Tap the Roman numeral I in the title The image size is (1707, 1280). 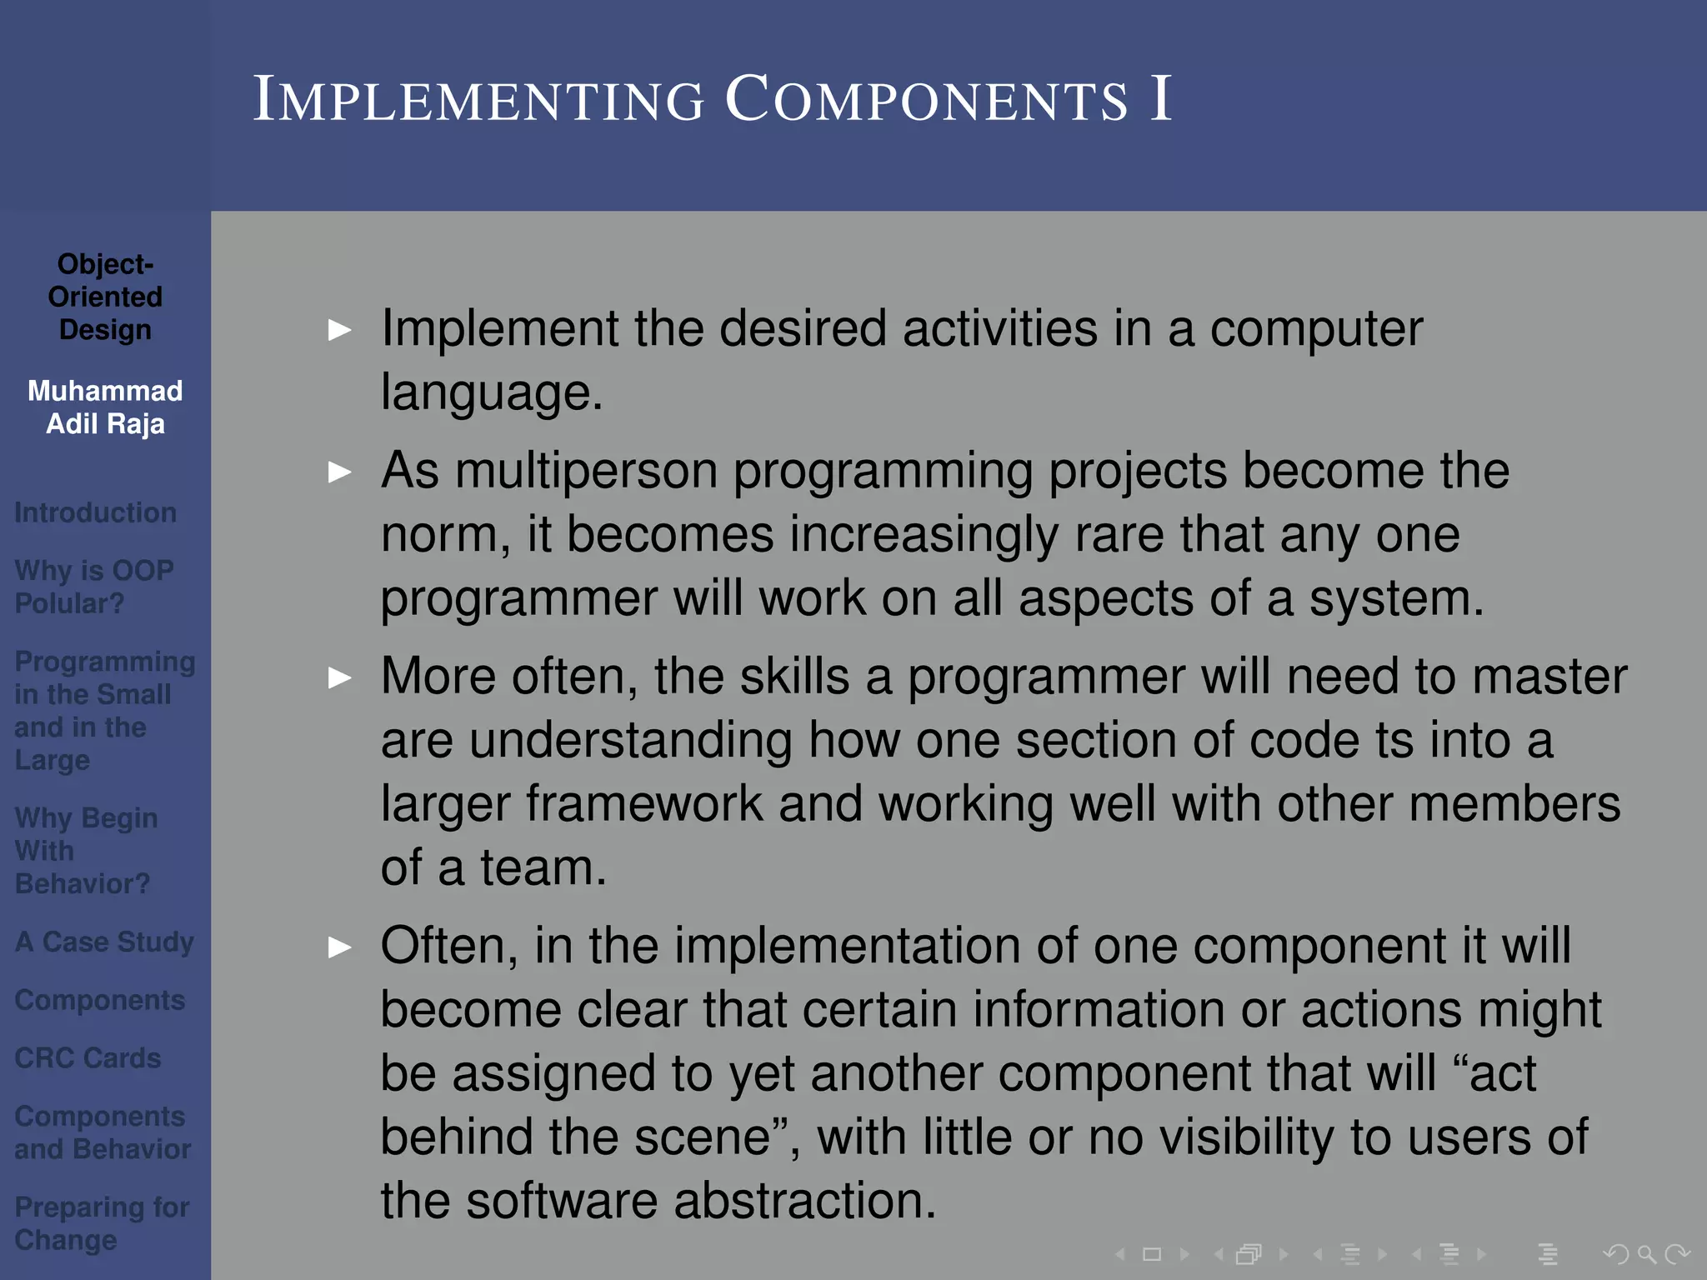tap(1160, 100)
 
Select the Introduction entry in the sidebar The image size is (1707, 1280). tap(95, 512)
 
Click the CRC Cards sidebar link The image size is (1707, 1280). tap(88, 1057)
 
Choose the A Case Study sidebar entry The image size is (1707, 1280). tap(104, 942)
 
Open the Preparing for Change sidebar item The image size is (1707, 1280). tap(102, 1222)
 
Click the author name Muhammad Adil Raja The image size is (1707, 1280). tap(105, 407)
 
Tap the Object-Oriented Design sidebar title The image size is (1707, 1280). tap(105, 297)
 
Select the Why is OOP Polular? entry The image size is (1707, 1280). tap(93, 587)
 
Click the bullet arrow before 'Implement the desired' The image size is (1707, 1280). tap(339, 330)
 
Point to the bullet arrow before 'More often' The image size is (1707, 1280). tap(339, 677)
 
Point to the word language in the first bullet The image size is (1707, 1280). tap(490, 393)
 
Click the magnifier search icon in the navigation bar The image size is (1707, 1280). tap(1645, 1254)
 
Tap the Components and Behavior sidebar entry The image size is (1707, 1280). tap(102, 1132)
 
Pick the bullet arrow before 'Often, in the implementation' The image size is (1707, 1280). tap(339, 947)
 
